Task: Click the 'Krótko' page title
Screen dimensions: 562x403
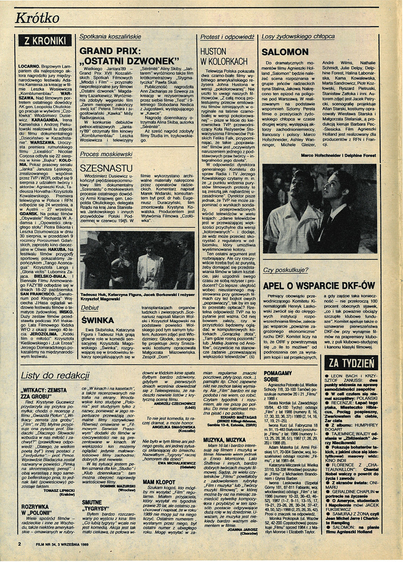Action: (37, 18)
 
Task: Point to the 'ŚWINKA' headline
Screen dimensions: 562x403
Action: (95, 319)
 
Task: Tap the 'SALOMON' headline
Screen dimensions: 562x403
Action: (285, 52)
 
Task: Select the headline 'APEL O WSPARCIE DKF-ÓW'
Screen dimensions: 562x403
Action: (318, 285)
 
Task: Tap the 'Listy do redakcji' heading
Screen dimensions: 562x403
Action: (56, 375)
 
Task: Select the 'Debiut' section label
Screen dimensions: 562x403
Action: (90, 308)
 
